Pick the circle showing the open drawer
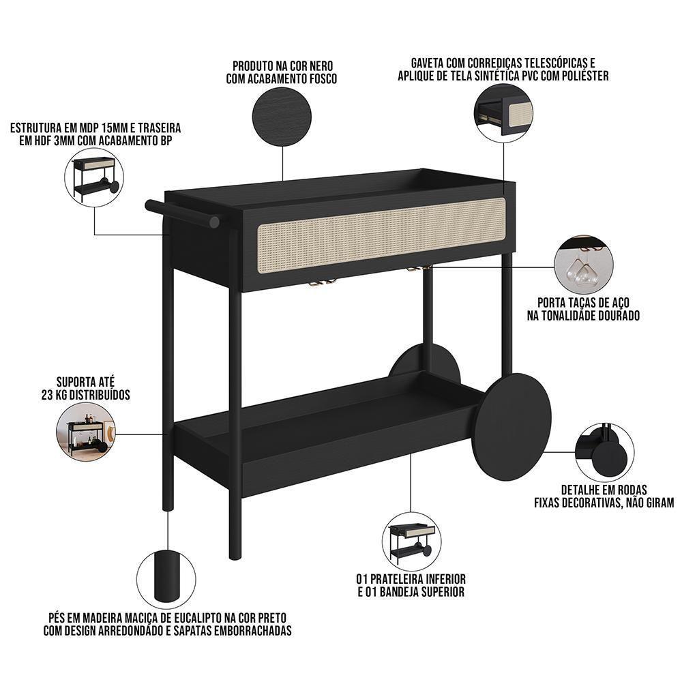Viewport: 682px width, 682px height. tap(503, 111)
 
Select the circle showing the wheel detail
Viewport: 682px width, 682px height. tap(604, 452)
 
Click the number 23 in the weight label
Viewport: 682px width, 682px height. tap(50, 394)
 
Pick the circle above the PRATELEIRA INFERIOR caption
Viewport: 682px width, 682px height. tap(411, 542)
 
